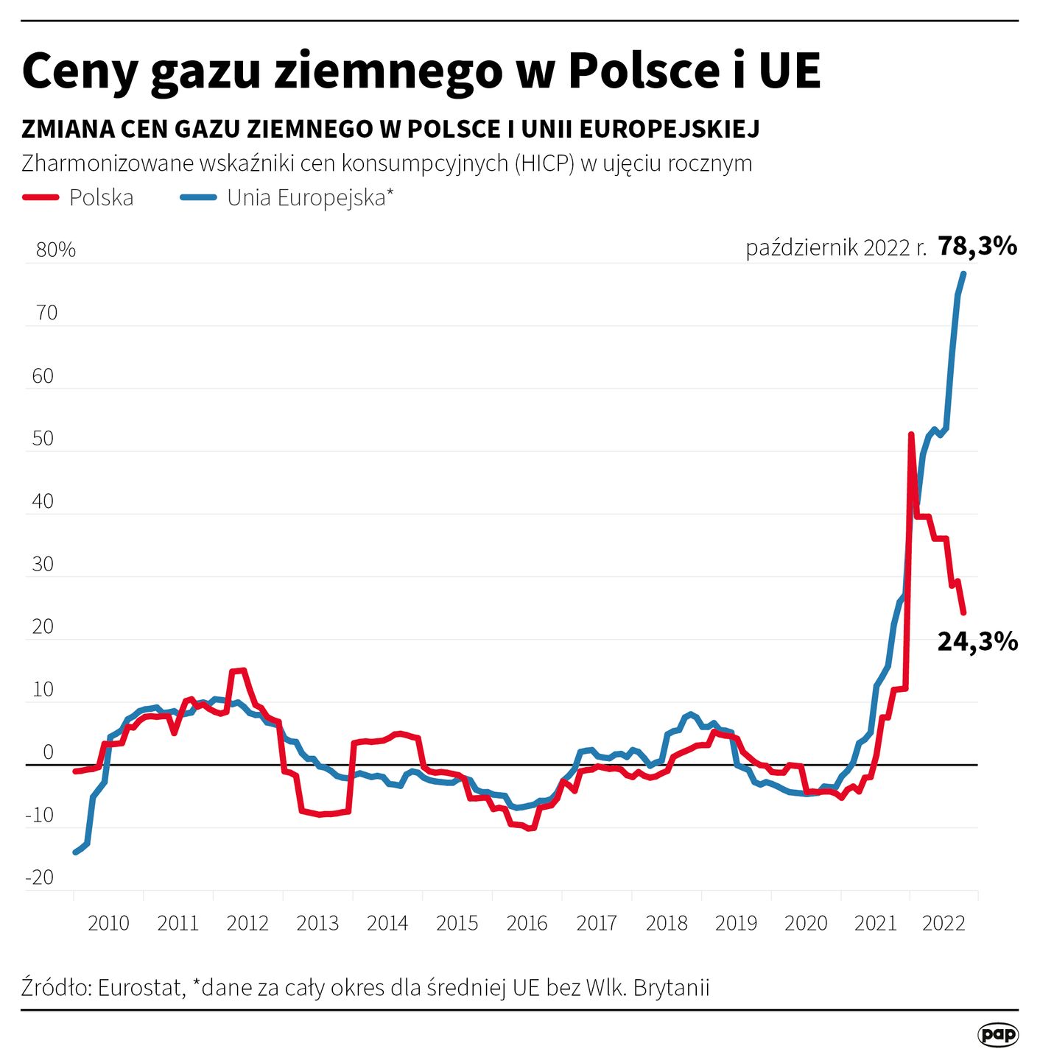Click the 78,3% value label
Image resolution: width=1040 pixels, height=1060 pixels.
pos(977,246)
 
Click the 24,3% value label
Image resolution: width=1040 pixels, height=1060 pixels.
pos(977,642)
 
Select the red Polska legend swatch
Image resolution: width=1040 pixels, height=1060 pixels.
pos(41,197)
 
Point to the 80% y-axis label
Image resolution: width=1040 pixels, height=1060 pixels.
pos(56,250)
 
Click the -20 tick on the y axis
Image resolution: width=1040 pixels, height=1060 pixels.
pos(40,877)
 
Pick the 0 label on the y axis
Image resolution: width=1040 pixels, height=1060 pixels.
pos(49,752)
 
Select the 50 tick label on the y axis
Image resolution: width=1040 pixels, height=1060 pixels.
pos(43,439)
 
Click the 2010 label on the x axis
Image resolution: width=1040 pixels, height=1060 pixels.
pos(108,923)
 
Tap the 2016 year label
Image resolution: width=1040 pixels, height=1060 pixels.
pos(527,923)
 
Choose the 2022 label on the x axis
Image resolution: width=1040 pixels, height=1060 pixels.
pos(944,923)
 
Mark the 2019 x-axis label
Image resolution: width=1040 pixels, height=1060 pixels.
pos(736,923)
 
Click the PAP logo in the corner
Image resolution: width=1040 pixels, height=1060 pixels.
pos(998,1034)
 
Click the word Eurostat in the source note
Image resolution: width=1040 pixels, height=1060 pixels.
pos(140,987)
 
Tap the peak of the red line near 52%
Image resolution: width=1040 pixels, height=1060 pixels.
pos(911,435)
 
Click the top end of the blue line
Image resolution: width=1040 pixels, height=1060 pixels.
pos(963,274)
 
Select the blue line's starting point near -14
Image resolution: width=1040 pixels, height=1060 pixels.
pos(75,852)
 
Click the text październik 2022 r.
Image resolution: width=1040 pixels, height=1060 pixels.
pos(836,247)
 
